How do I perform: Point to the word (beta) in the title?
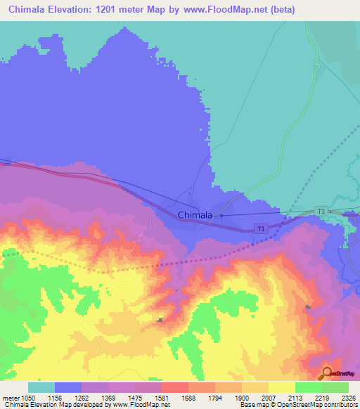point(280,10)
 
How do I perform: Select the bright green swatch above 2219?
point(308,387)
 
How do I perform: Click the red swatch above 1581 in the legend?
point(174,387)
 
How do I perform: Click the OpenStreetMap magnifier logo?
point(327,373)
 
